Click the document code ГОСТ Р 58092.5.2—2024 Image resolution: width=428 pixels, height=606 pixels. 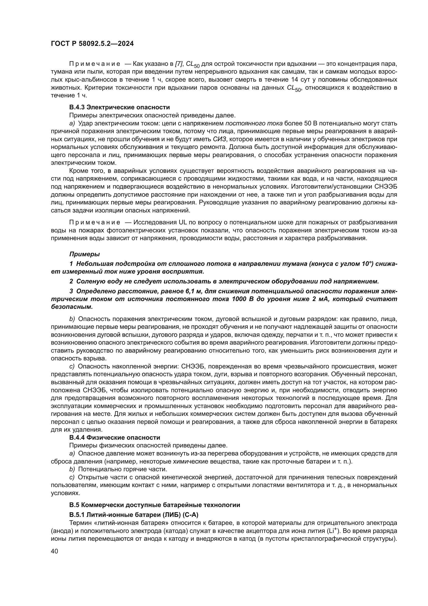click(92, 44)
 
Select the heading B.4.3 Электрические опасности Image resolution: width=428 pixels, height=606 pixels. click(119, 107)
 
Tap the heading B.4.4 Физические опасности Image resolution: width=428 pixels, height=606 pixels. click(115, 438)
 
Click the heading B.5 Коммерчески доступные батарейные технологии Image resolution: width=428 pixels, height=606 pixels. click(155, 505)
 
